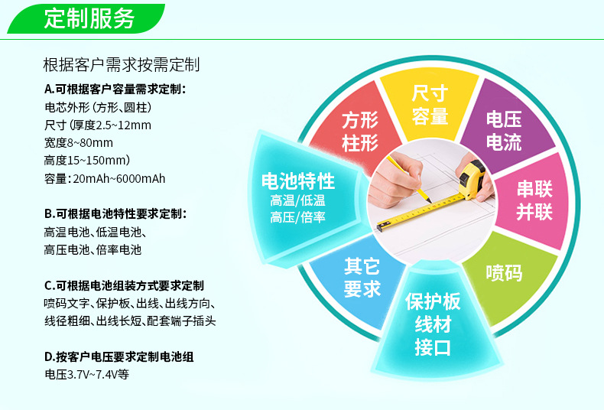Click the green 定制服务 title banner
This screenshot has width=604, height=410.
86,18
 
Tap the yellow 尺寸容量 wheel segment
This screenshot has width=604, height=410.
430,104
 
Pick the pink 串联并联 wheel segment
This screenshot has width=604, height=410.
534,200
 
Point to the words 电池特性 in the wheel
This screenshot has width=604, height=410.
297,181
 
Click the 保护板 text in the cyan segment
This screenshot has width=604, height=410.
433,301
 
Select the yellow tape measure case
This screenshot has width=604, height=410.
472,179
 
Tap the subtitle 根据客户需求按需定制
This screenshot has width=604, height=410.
122,64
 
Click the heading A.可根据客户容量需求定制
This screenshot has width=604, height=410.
115,89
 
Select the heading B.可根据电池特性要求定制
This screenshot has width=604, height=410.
115,214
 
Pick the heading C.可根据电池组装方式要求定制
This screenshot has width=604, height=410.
124,285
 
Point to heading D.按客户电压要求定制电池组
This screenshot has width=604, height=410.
119,356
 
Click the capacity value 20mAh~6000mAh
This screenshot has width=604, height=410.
119,179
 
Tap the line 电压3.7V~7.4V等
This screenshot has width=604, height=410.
86,374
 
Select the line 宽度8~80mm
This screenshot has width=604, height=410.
79,143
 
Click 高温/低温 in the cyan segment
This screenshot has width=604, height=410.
297,200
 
